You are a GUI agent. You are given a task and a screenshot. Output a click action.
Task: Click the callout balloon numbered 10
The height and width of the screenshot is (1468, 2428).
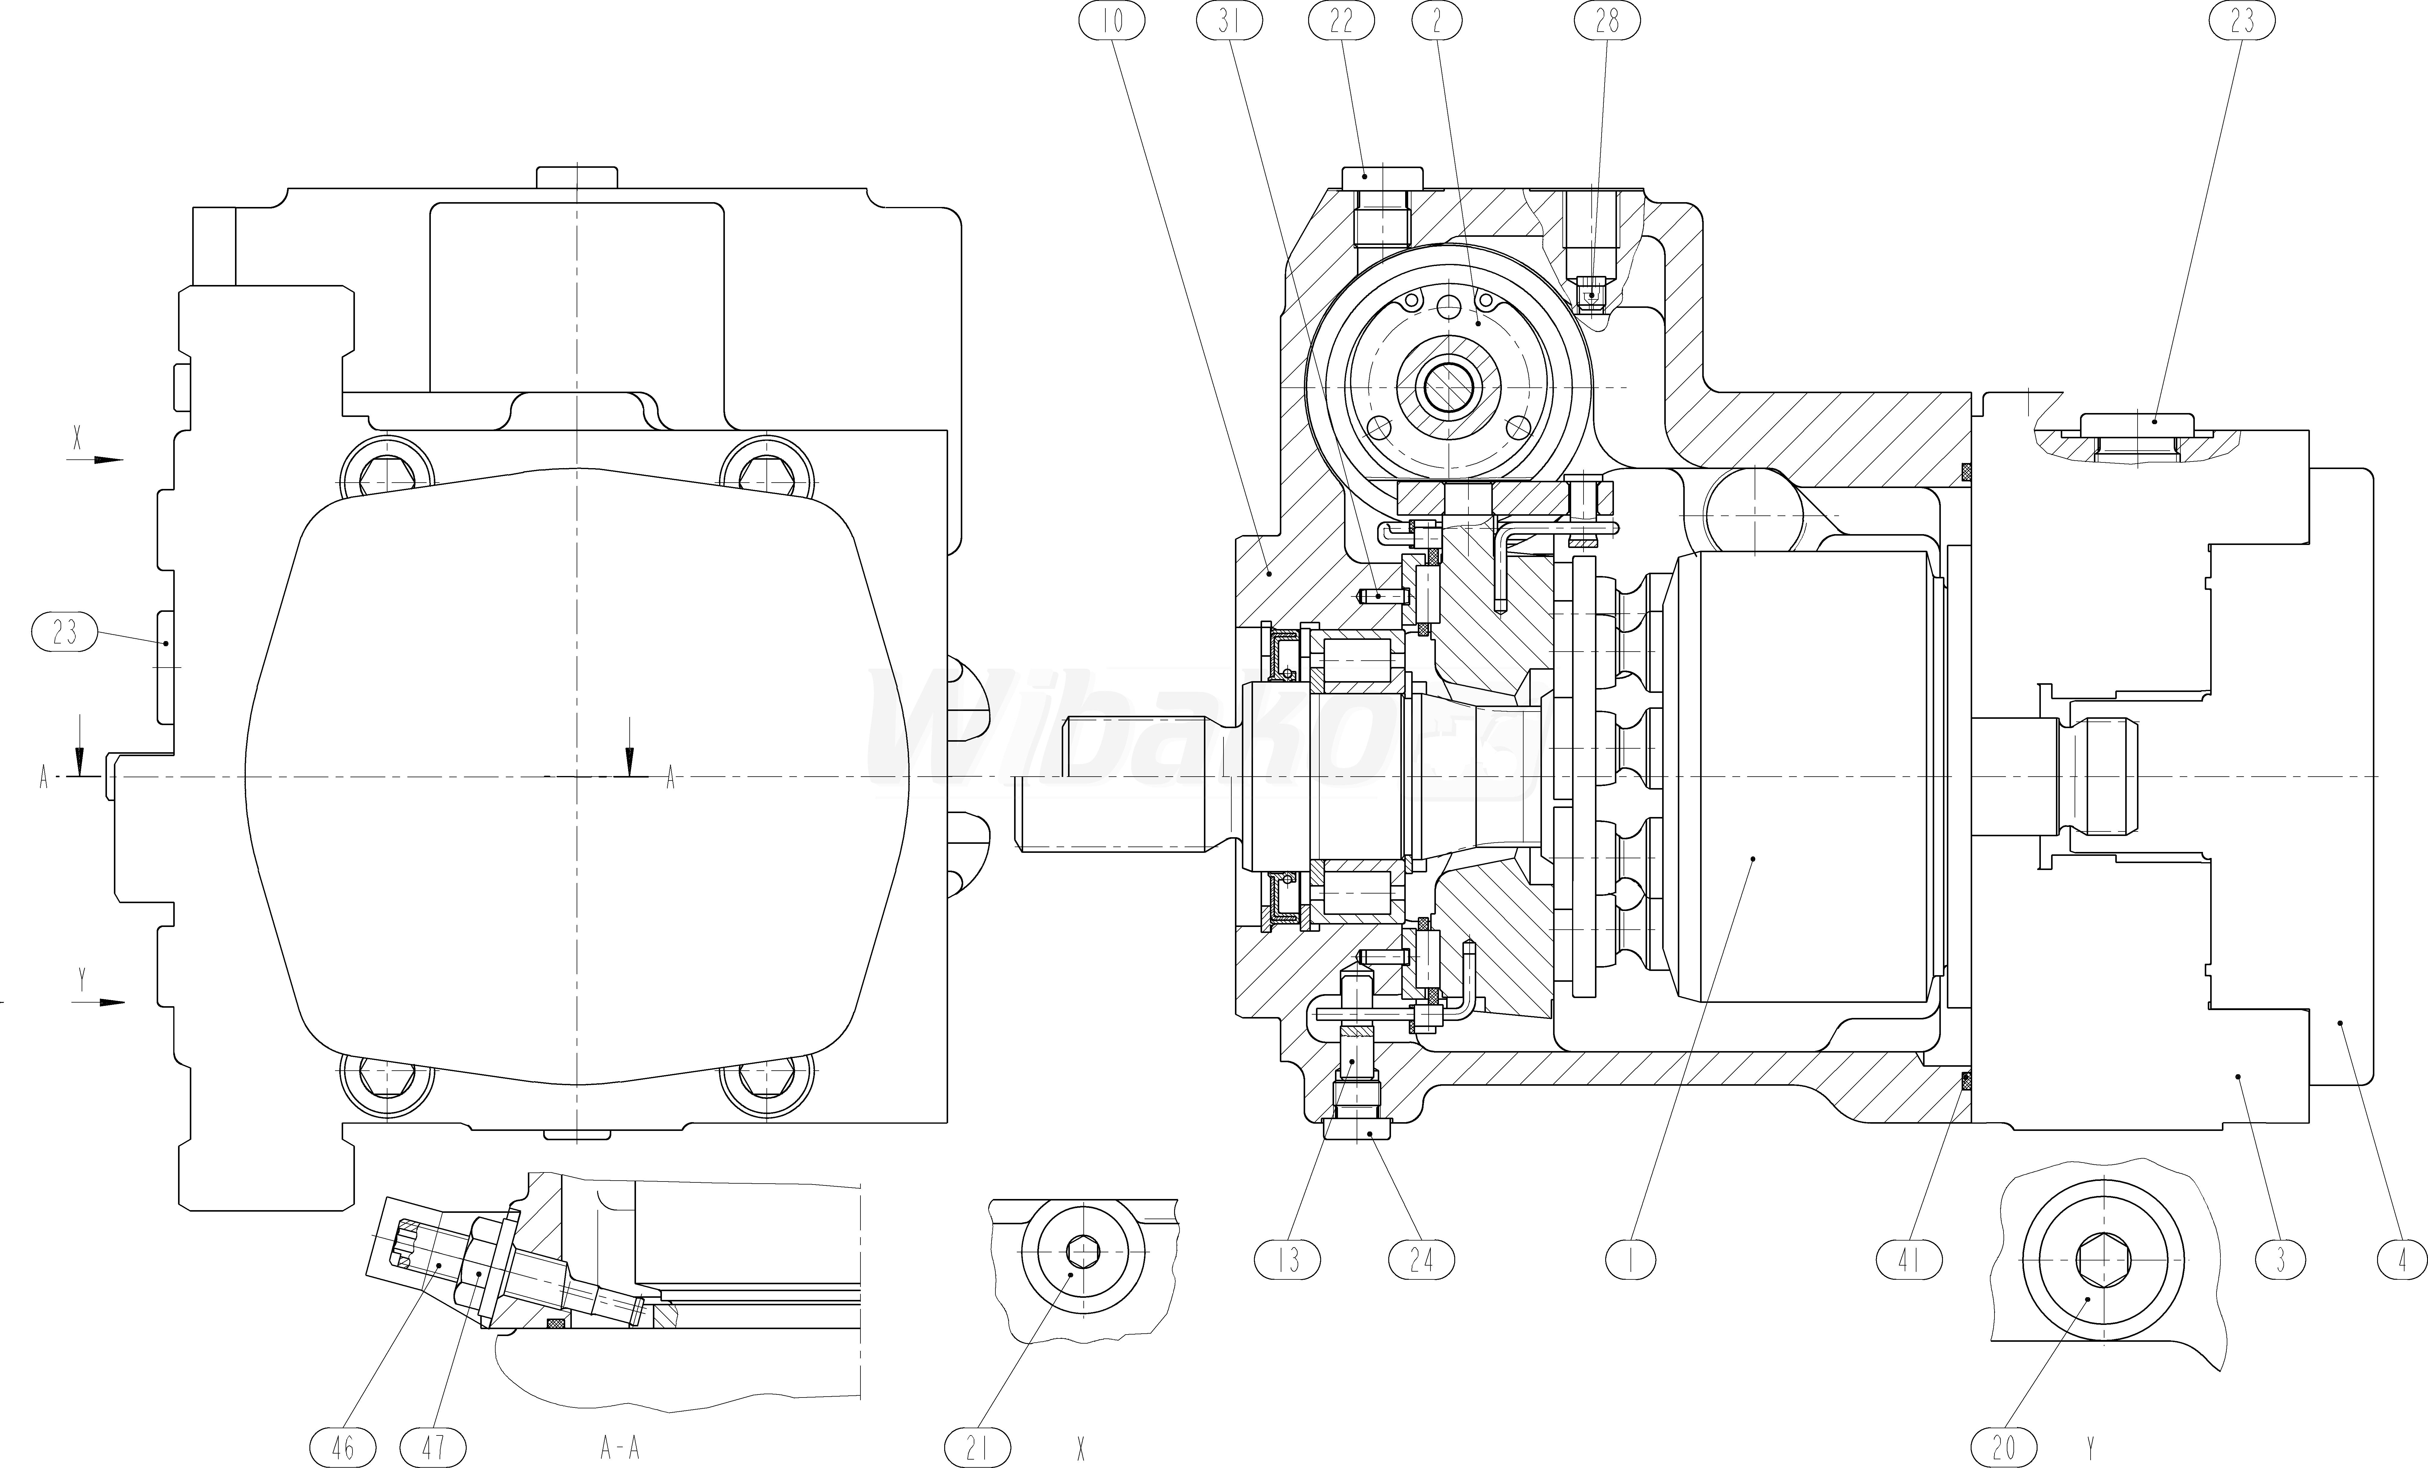[x=1113, y=21]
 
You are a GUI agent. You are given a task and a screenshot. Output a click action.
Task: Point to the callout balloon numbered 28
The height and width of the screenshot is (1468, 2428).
[x=1607, y=21]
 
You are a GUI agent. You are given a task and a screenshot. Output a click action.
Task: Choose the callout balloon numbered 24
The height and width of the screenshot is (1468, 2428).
[x=1421, y=1259]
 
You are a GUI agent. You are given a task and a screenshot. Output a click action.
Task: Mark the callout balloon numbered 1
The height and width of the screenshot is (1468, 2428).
[x=1631, y=1259]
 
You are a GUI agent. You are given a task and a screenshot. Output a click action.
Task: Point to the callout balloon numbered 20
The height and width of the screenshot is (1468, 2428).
[x=2004, y=1447]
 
